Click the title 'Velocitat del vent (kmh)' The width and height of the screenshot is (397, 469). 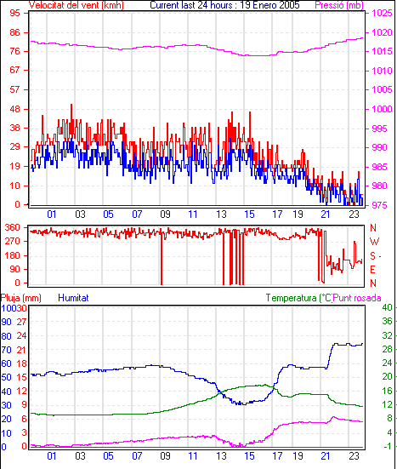[77, 5]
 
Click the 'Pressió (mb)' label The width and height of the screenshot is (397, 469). [339, 5]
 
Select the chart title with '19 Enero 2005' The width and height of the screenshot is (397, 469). [224, 5]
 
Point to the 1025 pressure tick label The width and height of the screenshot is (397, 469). [382, 13]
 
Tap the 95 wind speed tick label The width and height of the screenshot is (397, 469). [15, 13]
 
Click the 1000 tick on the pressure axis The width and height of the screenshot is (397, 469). [382, 109]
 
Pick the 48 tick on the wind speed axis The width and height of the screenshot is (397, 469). [15, 109]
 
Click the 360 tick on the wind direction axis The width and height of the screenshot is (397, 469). [13, 227]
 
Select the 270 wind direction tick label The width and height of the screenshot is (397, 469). [13, 241]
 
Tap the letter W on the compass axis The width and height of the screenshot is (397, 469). [374, 241]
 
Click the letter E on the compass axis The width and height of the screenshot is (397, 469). [372, 270]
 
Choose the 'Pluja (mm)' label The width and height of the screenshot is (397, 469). [21, 298]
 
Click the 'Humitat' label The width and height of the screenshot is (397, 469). [73, 298]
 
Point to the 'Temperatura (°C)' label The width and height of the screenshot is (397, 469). [298, 298]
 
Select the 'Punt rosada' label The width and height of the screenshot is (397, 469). [357, 298]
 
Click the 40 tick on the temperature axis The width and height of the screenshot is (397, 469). [387, 307]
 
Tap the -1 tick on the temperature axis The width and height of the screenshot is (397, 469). [387, 446]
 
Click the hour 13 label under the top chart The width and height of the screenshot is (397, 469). [221, 214]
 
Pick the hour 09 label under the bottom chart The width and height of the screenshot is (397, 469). [165, 456]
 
